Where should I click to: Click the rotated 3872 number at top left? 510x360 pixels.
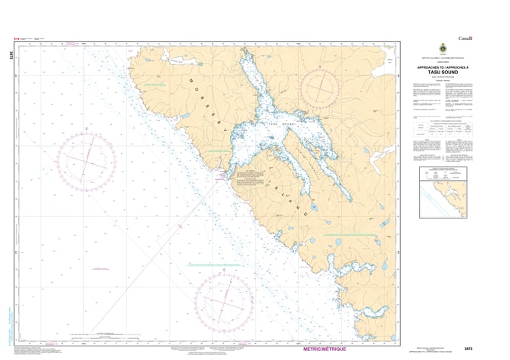coord(11,55)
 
